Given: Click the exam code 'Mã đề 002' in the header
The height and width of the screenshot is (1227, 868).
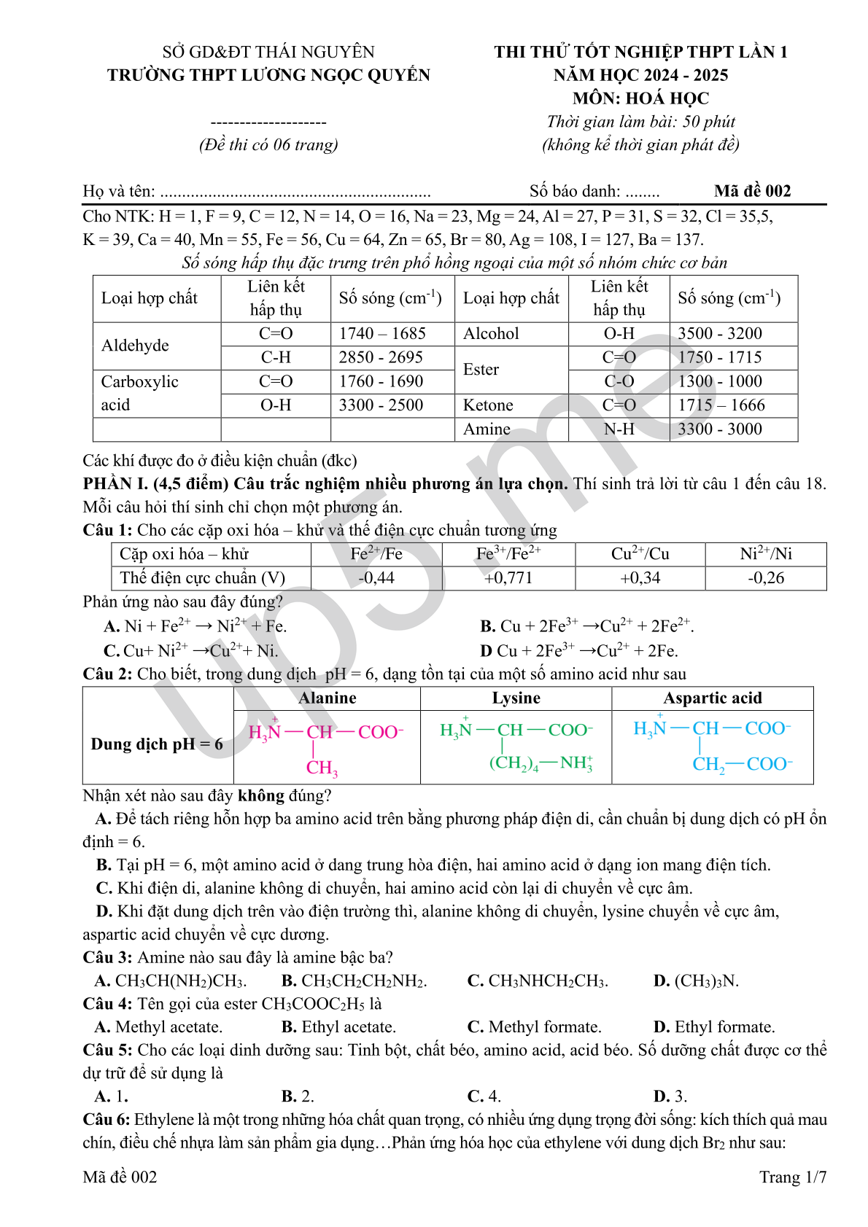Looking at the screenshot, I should coord(752,191).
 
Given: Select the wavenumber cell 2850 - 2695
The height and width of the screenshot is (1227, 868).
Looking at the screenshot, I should coord(381,357).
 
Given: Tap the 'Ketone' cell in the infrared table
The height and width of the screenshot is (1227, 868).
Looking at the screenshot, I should coord(488,405).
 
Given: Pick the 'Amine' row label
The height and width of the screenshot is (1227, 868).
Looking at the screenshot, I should coord(487,429).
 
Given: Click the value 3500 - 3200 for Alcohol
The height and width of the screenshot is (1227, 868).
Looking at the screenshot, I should coord(720,333).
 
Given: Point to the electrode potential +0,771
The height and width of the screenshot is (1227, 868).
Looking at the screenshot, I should coord(508,578).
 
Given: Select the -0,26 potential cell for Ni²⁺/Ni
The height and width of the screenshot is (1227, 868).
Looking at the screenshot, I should coord(765,578).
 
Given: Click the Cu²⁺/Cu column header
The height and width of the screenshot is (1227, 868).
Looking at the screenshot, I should coord(640,554).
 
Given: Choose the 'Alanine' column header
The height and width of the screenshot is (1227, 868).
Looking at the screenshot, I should coord(328,698).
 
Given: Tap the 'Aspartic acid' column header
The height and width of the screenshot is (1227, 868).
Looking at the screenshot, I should coord(712,698).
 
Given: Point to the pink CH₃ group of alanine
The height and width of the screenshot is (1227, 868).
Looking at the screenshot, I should coord(322,768).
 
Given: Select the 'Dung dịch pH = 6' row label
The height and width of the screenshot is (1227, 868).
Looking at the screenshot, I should coord(157,744).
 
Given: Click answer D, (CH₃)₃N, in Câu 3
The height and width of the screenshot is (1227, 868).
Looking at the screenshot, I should coord(696,981).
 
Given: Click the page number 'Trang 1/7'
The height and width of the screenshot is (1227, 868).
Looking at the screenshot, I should coord(793,1177).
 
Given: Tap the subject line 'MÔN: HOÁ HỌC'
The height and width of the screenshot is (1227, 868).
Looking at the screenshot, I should coord(640,98).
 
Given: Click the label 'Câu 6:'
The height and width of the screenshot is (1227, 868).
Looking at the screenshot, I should coord(106,1119).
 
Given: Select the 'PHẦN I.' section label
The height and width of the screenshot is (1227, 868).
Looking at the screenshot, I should coord(115,483).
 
